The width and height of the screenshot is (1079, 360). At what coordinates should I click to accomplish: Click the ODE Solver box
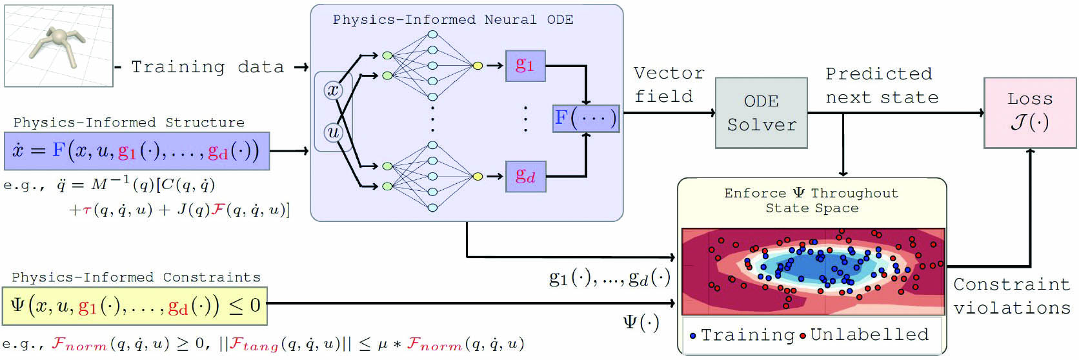coord(761,113)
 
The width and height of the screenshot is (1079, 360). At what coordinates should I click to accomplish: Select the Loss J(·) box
coord(1029,112)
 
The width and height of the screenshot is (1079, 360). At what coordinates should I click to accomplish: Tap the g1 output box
coord(525,65)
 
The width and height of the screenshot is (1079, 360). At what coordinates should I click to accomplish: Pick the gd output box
coord(525,176)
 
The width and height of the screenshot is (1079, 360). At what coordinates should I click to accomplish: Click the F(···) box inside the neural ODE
coord(585,118)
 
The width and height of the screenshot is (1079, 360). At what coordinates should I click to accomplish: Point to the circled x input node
coord(333,90)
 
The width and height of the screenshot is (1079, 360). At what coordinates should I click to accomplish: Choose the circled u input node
coord(333,132)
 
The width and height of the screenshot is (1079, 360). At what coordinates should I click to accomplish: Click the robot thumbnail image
coord(59,46)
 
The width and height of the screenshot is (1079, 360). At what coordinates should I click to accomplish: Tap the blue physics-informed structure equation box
coord(136,151)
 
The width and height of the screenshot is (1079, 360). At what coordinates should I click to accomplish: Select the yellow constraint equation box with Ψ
coord(135,305)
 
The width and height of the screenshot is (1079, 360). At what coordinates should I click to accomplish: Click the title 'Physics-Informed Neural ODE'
coord(452,19)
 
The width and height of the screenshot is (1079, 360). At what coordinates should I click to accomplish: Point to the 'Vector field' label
coord(668,85)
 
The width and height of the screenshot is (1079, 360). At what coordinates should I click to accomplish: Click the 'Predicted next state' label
coord(881,85)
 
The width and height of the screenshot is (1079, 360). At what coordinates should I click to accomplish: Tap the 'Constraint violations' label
coord(1011,296)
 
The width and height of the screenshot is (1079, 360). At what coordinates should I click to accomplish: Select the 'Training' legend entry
coord(742,335)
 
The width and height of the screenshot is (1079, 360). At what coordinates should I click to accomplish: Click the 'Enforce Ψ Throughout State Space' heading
coord(811,200)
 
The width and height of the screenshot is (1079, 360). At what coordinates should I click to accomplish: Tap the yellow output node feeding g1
coord(478,65)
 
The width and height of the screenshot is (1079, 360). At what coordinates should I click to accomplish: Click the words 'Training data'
coord(207,67)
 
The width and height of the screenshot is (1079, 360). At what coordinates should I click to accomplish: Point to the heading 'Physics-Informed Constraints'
coord(136,277)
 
